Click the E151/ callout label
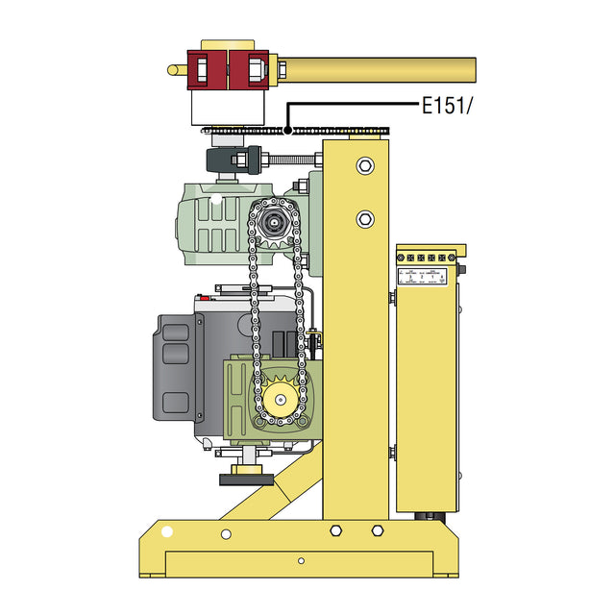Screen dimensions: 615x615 point(449,106)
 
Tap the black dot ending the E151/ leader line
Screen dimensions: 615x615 point(287,131)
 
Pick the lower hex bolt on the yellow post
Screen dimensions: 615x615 point(364,218)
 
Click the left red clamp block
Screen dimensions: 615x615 point(209,69)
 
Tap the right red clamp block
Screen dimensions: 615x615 point(252,69)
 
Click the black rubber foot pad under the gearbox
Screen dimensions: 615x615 point(247,479)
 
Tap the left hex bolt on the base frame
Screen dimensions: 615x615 point(335,530)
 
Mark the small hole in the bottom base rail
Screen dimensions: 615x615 point(301,561)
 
